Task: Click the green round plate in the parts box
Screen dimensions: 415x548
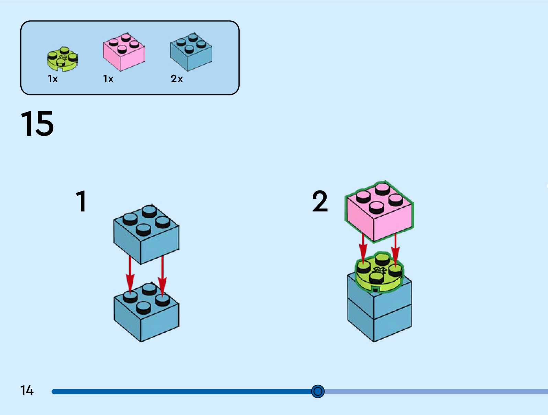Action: [x=62, y=59]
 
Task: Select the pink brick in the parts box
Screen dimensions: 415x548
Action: [x=124, y=53]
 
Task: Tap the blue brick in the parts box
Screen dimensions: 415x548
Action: [x=191, y=53]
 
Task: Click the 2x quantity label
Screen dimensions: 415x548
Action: [x=177, y=79]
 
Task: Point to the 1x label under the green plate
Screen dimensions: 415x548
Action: [x=53, y=79]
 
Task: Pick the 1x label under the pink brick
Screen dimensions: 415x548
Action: [x=108, y=79]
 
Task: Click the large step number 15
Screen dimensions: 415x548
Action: [x=37, y=124]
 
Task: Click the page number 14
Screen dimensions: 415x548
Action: [x=27, y=390]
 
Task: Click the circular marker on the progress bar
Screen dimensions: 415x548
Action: [x=318, y=391]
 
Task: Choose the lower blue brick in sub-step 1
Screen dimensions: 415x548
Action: [x=146, y=317]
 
